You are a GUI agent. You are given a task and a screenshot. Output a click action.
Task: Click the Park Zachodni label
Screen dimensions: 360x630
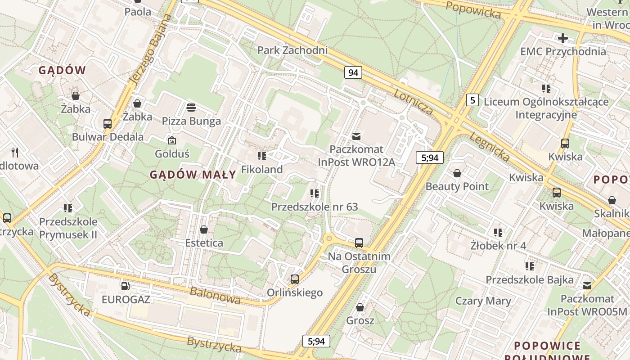coord(292,50)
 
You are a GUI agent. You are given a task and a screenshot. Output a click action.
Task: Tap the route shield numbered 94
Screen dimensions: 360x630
coord(353,72)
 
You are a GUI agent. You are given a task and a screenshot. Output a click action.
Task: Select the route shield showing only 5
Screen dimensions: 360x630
coord(472,100)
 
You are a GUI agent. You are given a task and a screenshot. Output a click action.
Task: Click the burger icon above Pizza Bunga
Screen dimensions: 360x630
coord(191,108)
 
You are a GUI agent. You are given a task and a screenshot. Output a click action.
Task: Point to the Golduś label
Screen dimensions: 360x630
coord(172,154)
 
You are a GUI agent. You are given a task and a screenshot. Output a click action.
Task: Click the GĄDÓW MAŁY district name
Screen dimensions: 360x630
coord(193,175)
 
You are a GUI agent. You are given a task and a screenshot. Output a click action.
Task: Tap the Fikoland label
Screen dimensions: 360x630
coord(262,170)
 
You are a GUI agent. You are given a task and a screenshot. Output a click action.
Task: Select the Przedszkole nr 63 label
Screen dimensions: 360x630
coord(314,207)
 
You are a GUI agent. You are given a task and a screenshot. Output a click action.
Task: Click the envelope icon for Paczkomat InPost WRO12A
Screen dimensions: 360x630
coord(356,136)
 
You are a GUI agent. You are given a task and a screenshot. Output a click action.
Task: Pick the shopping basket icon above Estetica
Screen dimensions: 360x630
coord(204,230)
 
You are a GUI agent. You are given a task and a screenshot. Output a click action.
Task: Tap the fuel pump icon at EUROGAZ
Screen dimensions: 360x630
coord(126,286)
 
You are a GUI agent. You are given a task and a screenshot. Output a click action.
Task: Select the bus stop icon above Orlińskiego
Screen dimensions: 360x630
coord(295,279)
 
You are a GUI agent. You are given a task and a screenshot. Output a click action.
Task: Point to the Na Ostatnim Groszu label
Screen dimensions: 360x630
coord(359,262)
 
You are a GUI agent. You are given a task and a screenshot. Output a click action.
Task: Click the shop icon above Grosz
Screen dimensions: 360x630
coord(360,308)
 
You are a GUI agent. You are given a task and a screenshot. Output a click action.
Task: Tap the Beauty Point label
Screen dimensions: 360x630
coord(457,186)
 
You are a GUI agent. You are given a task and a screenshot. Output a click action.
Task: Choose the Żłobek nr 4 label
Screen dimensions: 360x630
coord(498,246)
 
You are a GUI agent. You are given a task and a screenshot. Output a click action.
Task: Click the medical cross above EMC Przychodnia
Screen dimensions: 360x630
coord(562,38)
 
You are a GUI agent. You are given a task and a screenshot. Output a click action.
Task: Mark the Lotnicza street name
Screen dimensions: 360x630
coord(414,102)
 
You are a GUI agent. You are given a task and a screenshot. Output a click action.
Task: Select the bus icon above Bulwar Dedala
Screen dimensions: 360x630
coord(108,124)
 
